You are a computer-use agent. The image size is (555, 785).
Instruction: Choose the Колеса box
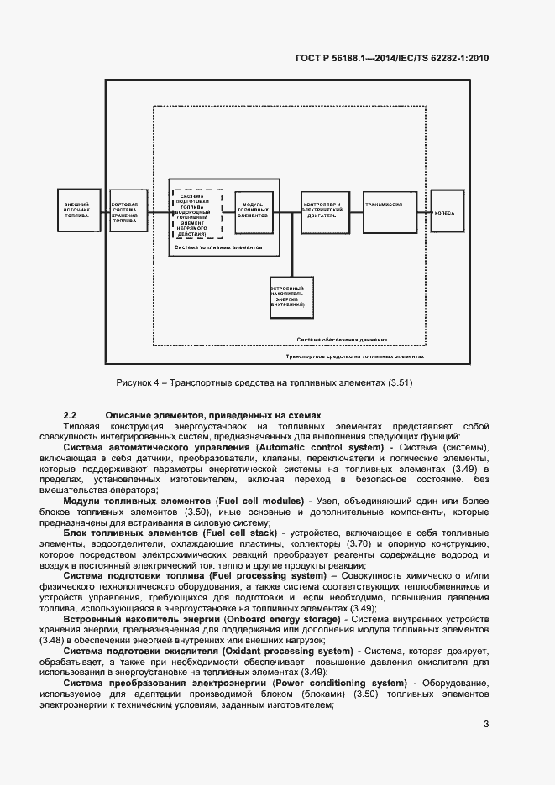point(446,213)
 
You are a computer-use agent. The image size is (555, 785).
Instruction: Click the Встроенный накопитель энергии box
point(291,297)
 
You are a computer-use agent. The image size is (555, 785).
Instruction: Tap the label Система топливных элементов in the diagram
point(217,248)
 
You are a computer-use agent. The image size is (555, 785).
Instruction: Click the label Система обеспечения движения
point(342,340)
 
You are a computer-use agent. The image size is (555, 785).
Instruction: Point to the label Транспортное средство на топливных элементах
point(354,356)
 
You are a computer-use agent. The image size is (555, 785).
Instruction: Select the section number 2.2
point(71,415)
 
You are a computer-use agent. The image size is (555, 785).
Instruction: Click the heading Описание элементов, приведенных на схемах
point(213,415)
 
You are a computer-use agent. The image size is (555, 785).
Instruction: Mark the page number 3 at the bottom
point(486,725)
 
